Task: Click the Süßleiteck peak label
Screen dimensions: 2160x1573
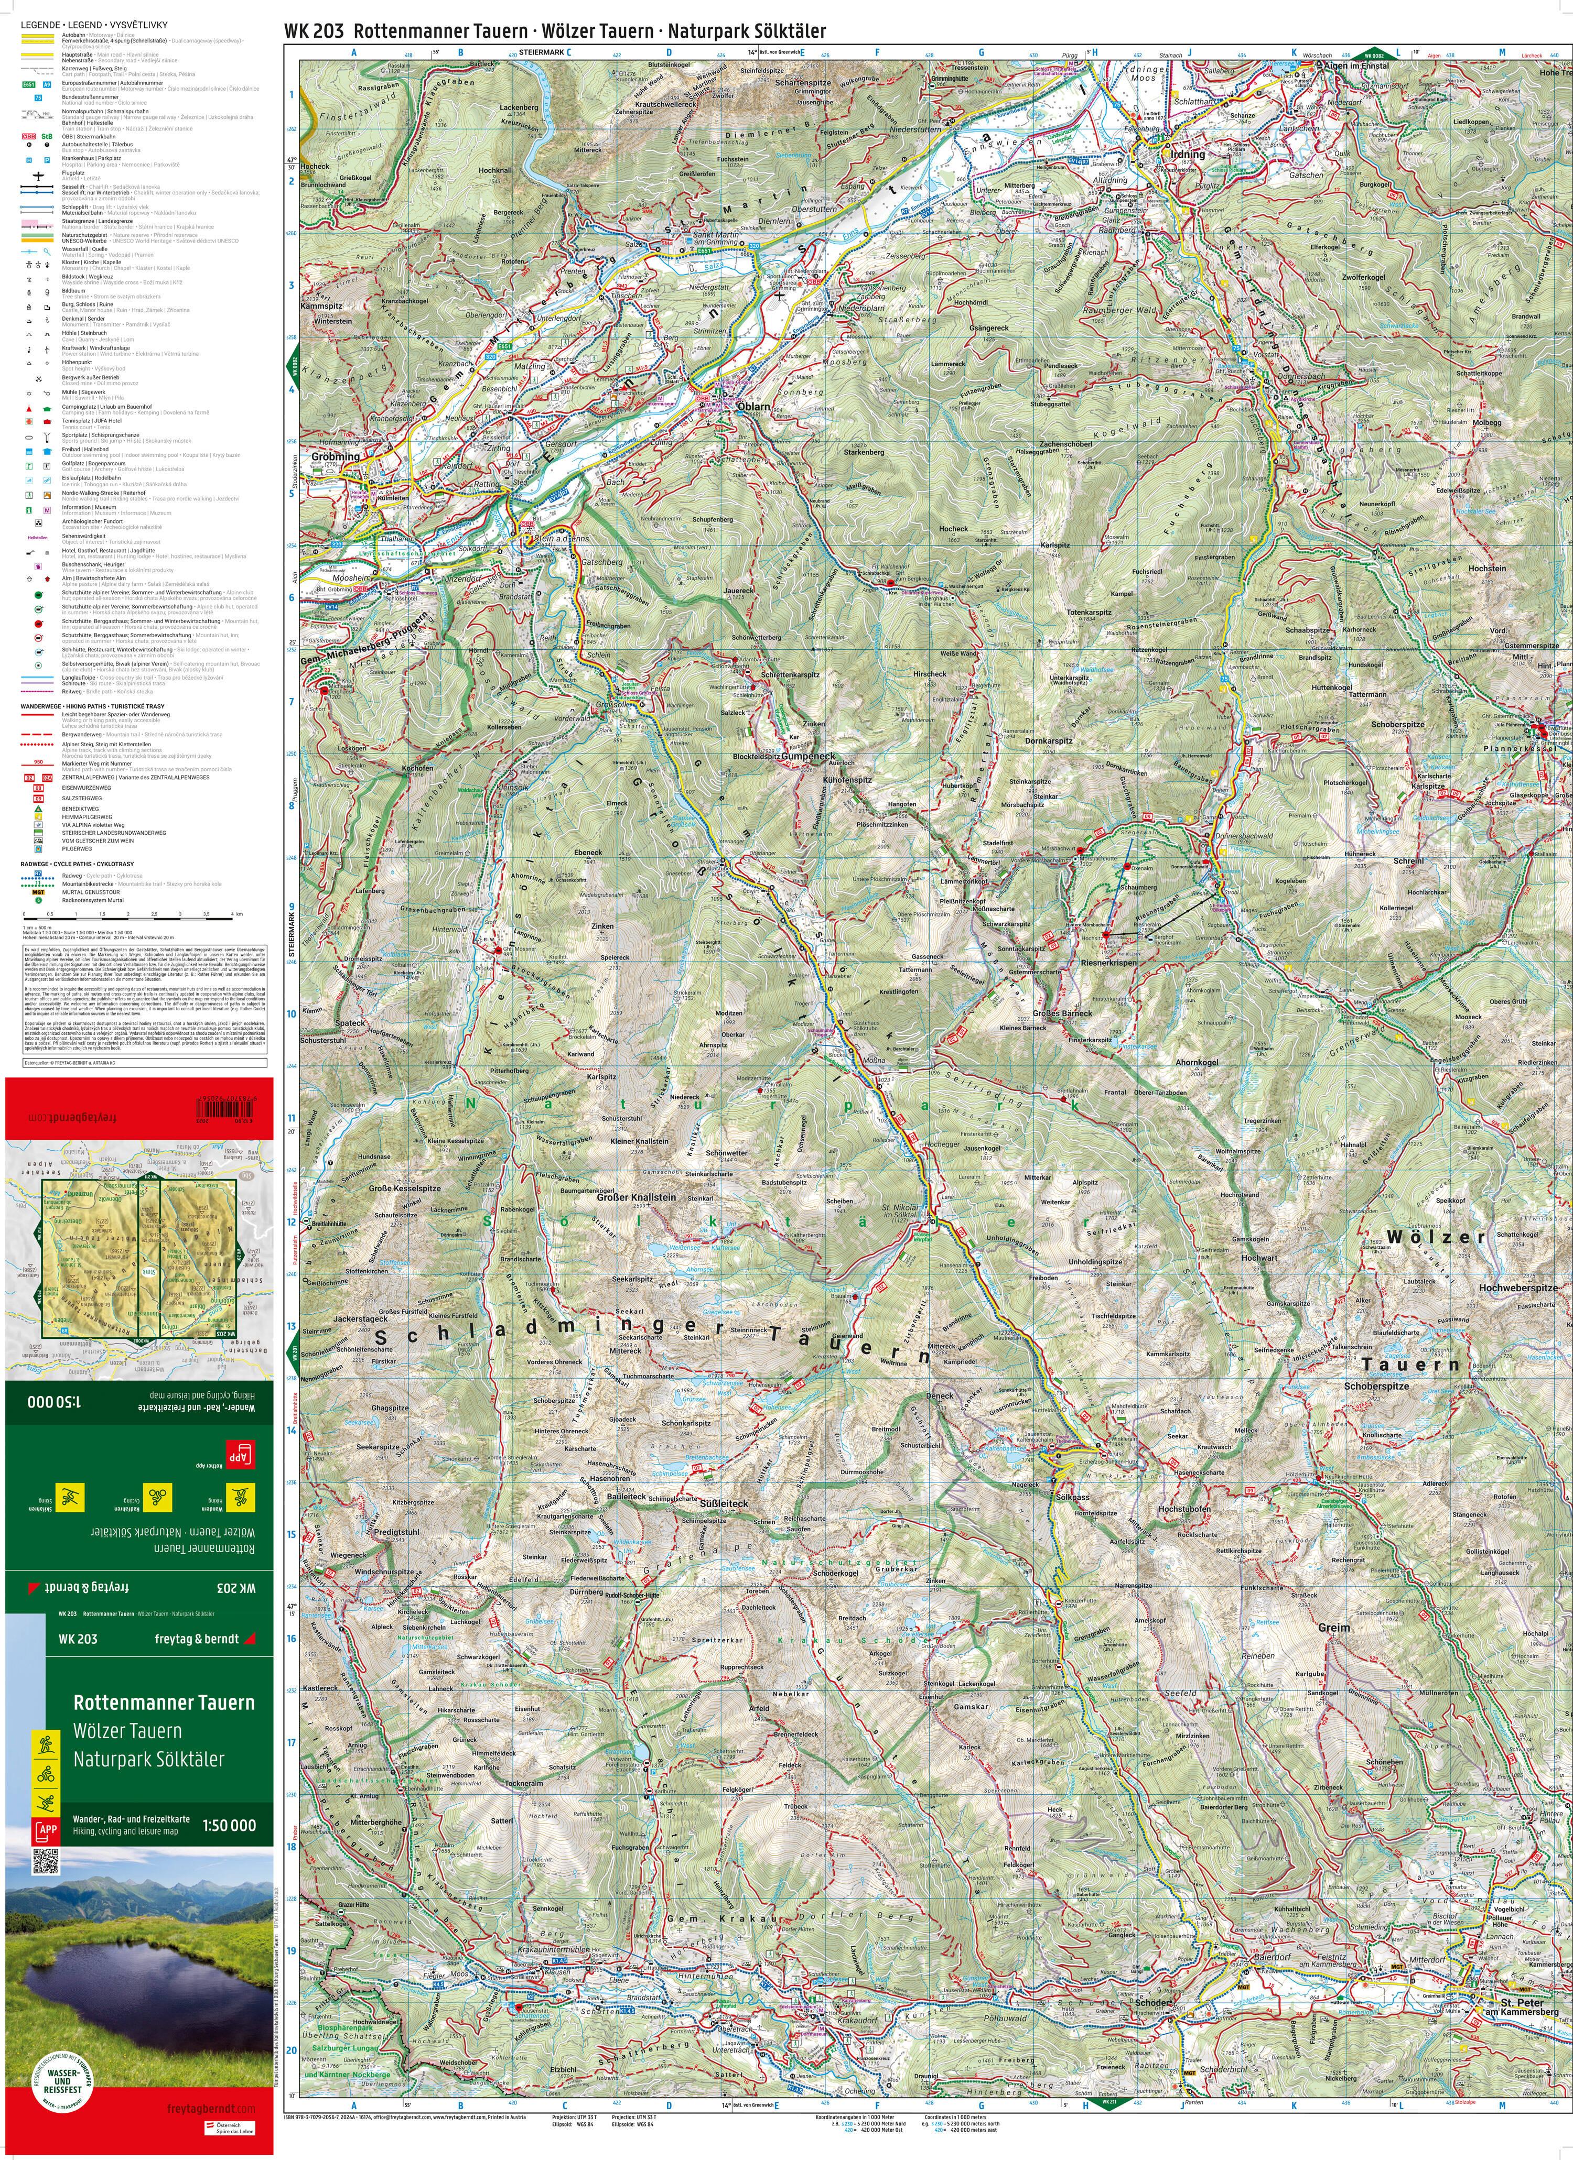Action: coord(724,1503)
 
